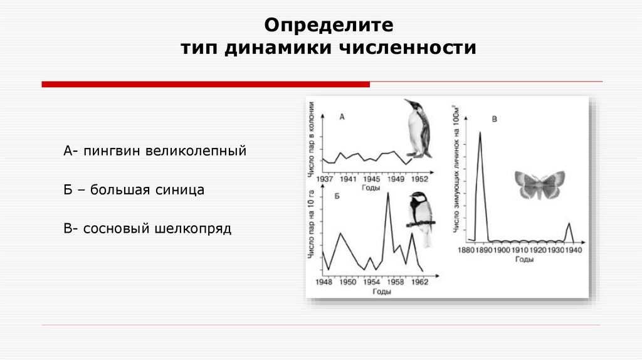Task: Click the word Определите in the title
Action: pos(329,25)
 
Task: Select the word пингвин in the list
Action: pos(111,151)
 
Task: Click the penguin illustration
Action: pos(417,129)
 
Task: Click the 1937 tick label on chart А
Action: pos(325,179)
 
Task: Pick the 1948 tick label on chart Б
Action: pos(324,282)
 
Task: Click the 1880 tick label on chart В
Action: pos(467,250)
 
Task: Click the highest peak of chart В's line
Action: pos(480,132)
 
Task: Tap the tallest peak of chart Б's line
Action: pos(387,193)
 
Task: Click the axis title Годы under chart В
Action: pos(524,259)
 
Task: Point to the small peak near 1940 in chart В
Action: pos(569,223)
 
